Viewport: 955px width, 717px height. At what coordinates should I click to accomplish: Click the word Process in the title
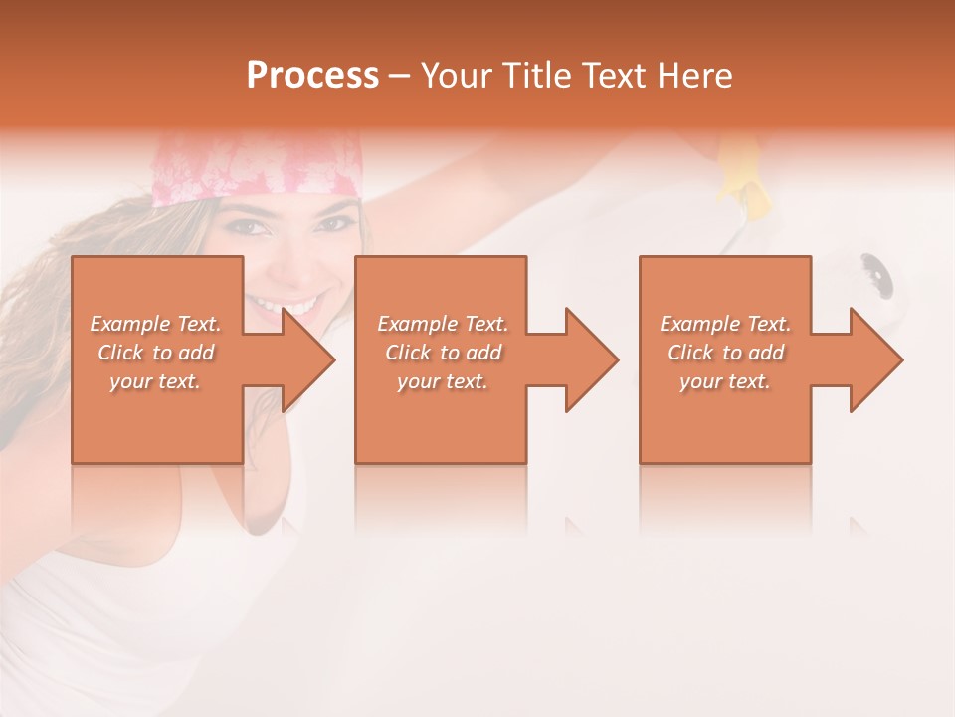(312, 76)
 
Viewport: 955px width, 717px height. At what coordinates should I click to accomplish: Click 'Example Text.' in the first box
(155, 324)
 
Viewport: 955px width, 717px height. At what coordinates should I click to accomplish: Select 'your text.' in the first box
(155, 381)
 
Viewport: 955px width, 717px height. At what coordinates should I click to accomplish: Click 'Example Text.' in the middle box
(443, 324)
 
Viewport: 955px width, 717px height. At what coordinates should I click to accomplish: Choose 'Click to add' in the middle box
(443, 353)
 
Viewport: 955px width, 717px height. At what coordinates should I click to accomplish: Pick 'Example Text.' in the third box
(725, 324)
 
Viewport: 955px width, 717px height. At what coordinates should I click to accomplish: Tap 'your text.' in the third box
(725, 381)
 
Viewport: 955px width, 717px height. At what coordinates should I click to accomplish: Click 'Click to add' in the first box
(155, 353)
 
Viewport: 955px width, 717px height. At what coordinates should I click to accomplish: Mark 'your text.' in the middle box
(443, 381)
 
